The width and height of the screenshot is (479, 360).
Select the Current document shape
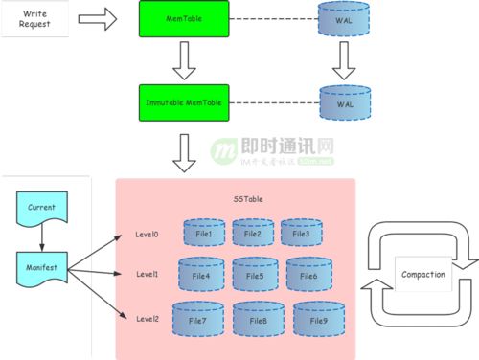tap(41, 208)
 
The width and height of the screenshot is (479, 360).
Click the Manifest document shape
tap(41, 262)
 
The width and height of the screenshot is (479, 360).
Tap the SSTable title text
tap(246, 199)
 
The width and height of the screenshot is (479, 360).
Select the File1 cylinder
tap(202, 233)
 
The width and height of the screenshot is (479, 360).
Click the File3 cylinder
tap(301, 233)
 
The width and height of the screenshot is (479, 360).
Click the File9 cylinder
tap(318, 319)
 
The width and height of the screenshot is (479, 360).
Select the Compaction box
tap(422, 276)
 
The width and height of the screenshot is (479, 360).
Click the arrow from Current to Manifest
tap(41, 235)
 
